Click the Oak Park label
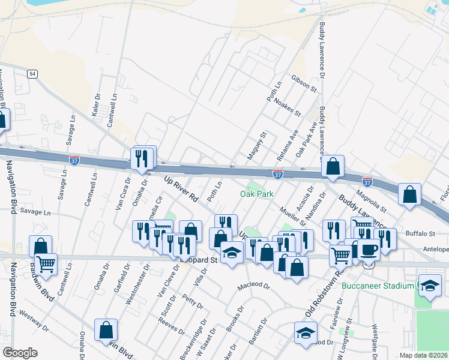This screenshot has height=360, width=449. pos(257,194)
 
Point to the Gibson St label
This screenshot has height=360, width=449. pos(304,83)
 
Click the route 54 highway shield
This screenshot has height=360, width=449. pos(32,73)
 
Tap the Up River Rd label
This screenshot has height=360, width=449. pos(181,187)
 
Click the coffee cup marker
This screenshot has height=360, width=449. pos(369,250)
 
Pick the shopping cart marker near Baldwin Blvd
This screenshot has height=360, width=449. pos(46,263)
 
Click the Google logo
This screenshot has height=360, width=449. pos(20,353)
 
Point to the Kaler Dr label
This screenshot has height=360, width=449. pos(96,104)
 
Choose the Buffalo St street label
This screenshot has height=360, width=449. pos(420,233)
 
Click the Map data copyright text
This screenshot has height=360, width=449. pos(424,355)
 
